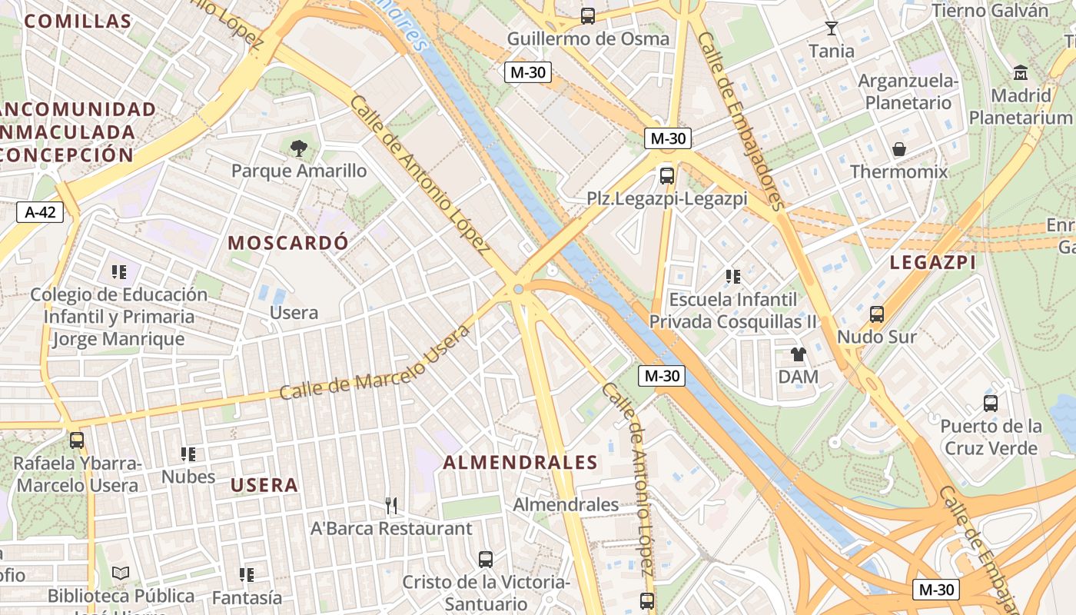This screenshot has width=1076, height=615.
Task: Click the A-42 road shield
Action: point(40,211)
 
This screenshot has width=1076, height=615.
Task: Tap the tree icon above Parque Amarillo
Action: point(298,148)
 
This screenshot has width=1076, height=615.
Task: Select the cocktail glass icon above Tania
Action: point(831,29)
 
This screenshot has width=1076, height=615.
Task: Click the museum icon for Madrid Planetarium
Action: point(1021,73)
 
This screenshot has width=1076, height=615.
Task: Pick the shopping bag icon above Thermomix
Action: point(898,149)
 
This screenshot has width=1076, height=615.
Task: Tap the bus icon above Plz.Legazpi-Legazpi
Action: point(667,175)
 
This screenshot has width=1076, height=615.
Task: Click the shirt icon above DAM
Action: point(798,354)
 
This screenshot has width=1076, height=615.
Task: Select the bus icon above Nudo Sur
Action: point(876,314)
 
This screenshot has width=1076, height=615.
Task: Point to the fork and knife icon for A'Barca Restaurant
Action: point(391,505)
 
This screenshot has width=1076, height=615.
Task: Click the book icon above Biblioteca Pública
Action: point(121,573)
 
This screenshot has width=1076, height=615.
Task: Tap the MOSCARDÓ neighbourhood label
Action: point(288,243)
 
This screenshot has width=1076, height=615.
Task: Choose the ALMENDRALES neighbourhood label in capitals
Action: point(520,462)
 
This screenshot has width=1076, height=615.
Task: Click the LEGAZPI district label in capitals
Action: point(932,262)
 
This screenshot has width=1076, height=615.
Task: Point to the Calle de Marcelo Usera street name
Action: point(375,364)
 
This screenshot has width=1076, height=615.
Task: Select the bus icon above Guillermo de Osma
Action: point(588,15)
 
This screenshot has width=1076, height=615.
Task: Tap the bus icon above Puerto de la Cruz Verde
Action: point(991,403)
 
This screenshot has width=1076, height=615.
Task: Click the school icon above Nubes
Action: point(188,454)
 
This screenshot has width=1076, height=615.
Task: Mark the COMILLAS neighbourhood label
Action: point(78,21)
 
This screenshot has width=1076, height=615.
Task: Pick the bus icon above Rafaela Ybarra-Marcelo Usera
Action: point(76,440)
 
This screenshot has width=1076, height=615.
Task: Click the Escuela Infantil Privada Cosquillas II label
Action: point(734,310)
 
